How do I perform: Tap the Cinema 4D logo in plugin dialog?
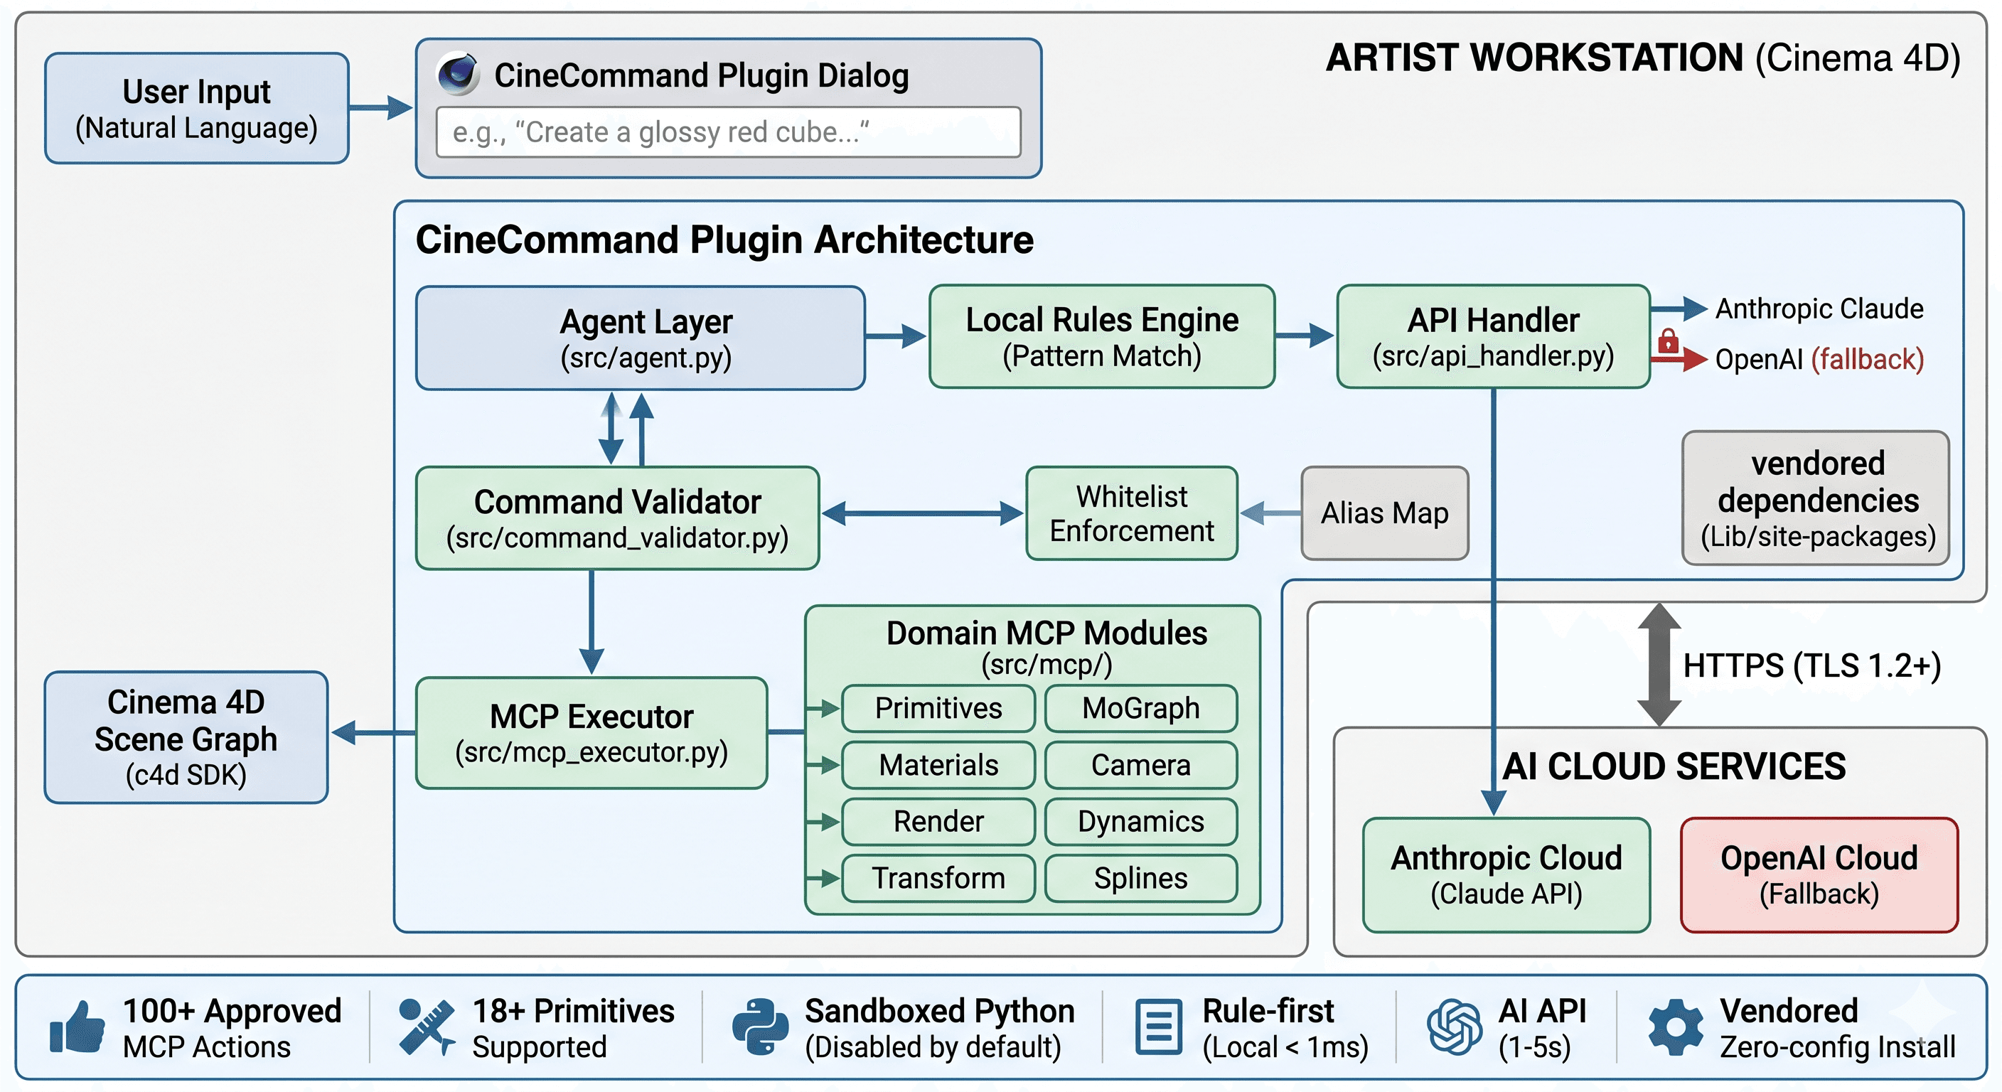(x=459, y=74)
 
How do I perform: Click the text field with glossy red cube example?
(x=728, y=132)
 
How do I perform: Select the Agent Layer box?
(x=641, y=338)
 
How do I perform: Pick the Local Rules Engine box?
(x=1101, y=336)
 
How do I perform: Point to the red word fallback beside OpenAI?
(x=1867, y=359)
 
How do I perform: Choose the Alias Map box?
(x=1384, y=513)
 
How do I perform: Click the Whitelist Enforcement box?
(x=1131, y=513)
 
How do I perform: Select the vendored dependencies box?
(x=1816, y=498)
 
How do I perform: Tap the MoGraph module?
(x=1140, y=708)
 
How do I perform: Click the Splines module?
(x=1140, y=877)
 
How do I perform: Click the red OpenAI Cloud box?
(x=1818, y=874)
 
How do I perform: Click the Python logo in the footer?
(x=759, y=1027)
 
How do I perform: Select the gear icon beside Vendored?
(x=1676, y=1027)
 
